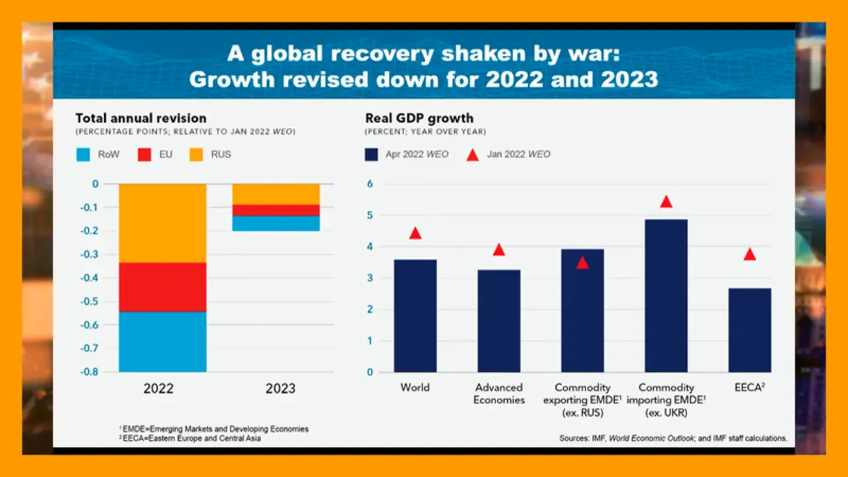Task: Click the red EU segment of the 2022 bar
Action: coord(162,287)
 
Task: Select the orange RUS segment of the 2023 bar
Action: coord(276,194)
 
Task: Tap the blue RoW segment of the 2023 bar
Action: coord(276,223)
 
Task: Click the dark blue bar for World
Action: coord(415,315)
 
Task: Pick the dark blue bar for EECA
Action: coord(749,330)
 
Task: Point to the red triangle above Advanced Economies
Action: coord(499,250)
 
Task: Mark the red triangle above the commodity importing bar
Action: coord(666,202)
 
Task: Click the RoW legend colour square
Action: coord(82,154)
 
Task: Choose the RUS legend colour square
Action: coord(197,154)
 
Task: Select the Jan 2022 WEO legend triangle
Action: coord(472,154)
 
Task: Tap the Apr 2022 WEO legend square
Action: coord(372,154)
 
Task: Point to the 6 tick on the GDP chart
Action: coord(370,184)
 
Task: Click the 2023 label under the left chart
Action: coord(280,389)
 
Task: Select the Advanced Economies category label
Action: coord(499,394)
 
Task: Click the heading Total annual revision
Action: coord(140,119)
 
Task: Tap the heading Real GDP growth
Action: coord(419,119)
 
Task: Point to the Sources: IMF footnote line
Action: coord(673,438)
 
